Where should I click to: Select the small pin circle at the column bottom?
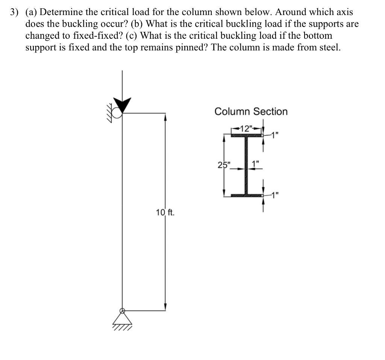coord(122,311)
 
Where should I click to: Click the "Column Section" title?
coord(251,111)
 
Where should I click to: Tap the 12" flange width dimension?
coord(247,128)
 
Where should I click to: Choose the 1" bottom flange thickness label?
coord(276,194)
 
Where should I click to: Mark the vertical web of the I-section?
coord(247,166)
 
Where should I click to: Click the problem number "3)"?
coord(14,12)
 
